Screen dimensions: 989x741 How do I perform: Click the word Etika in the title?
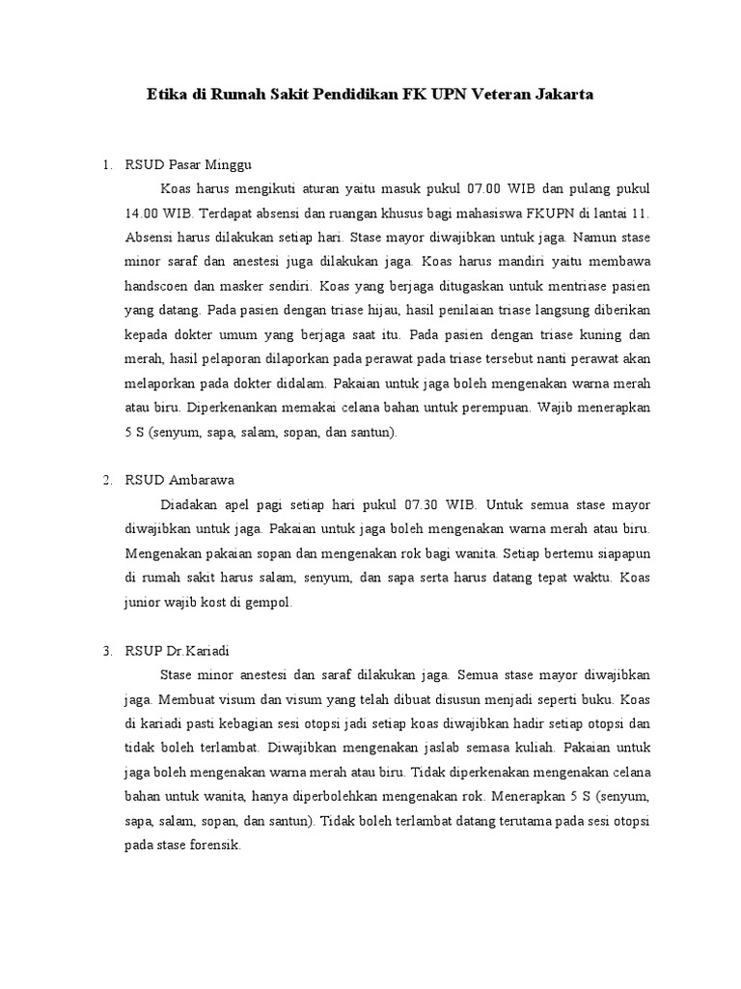coord(165,96)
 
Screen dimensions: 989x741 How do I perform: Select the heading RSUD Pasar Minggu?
coord(187,161)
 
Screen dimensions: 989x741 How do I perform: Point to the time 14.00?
coord(143,211)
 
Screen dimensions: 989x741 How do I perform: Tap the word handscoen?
coord(159,286)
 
